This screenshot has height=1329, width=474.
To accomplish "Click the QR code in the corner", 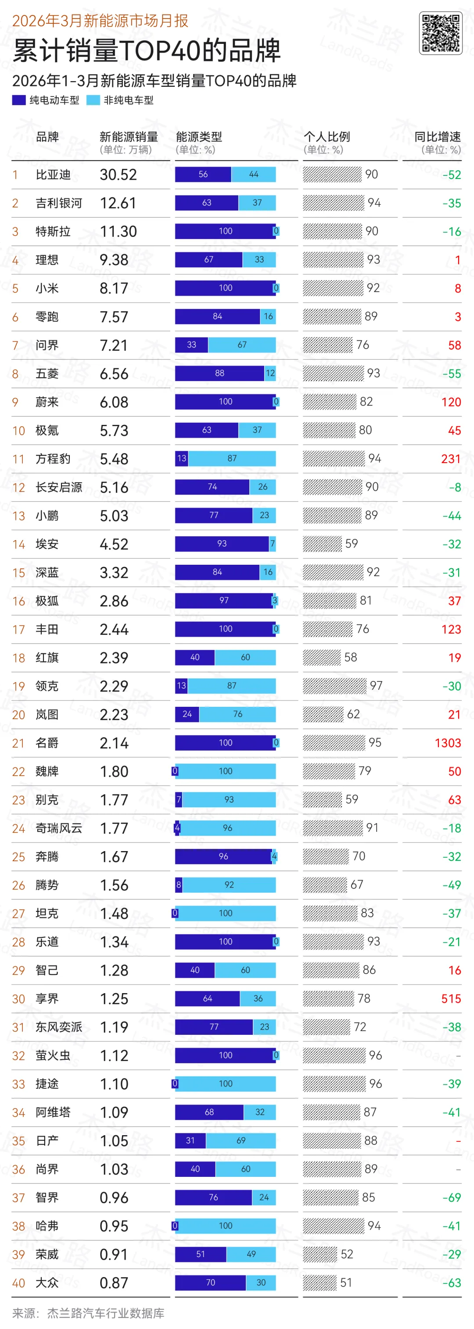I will (441, 33).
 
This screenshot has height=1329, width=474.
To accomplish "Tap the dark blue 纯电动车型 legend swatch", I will (19, 100).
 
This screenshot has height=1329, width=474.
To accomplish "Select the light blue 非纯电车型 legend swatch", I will (93, 100).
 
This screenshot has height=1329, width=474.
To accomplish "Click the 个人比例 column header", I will (327, 137).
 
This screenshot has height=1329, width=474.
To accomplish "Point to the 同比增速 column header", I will (437, 137).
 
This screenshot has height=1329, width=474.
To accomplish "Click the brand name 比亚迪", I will (53, 175).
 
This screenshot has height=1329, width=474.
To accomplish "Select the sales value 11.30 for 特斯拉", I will (118, 232).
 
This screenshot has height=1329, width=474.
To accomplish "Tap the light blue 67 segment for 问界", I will (242, 345).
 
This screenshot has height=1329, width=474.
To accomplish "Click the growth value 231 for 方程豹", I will (450, 459).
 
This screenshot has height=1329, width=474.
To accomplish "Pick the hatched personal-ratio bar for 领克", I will (334, 686).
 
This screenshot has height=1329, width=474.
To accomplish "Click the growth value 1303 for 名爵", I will (447, 743).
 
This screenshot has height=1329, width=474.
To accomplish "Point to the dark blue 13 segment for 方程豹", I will (181, 458).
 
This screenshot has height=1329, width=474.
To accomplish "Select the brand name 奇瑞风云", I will (59, 828).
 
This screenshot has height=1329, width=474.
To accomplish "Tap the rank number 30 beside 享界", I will (18, 999).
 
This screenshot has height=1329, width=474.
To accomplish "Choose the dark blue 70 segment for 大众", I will (210, 1283).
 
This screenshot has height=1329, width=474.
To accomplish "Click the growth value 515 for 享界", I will (451, 999).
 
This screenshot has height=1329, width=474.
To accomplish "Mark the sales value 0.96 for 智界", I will (114, 1197).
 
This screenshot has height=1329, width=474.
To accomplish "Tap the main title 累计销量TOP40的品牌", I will (146, 50).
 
